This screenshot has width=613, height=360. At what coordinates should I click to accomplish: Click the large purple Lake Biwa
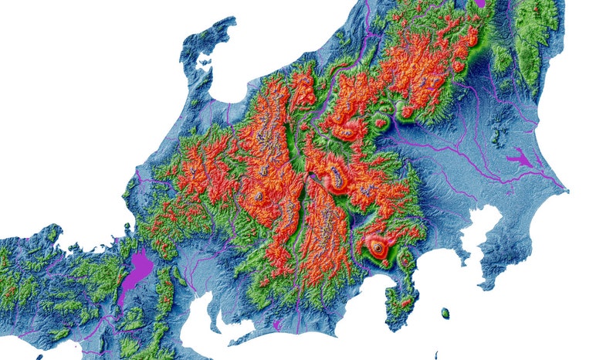pos(138,273)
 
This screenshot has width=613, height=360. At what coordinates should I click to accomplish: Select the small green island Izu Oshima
pos(445,313)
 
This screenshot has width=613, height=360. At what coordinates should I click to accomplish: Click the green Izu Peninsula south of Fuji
pos(401,297)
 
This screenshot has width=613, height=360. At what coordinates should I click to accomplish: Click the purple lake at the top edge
pos(480,3)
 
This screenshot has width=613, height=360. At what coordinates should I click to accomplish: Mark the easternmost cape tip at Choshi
pos(567,190)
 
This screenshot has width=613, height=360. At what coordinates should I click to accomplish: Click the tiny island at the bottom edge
pos(39,357)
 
